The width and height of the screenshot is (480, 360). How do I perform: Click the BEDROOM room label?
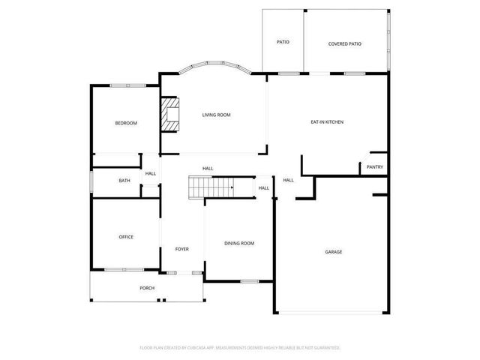click(x=125, y=123)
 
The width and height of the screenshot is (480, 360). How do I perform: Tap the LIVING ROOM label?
click(x=216, y=115)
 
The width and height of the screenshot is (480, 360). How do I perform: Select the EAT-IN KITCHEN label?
click(x=327, y=121)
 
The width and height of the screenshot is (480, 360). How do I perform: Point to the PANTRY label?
click(x=375, y=167)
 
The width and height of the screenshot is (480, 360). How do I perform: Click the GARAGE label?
click(x=333, y=252)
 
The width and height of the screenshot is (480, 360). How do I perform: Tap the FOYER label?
click(x=181, y=249)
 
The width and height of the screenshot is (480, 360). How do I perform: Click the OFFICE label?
click(x=125, y=237)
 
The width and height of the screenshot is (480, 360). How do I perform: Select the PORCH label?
click(x=147, y=288)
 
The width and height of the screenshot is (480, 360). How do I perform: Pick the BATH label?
click(x=124, y=181)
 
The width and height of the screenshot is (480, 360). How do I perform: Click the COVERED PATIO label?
click(x=345, y=43)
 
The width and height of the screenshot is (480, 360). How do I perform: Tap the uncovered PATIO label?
click(x=283, y=42)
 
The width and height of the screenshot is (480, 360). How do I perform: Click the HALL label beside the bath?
click(x=151, y=174)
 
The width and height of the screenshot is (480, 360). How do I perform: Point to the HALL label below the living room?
click(x=208, y=168)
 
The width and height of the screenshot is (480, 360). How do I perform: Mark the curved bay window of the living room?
click(x=215, y=66)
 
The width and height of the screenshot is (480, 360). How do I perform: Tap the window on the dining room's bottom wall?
click(x=250, y=281)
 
